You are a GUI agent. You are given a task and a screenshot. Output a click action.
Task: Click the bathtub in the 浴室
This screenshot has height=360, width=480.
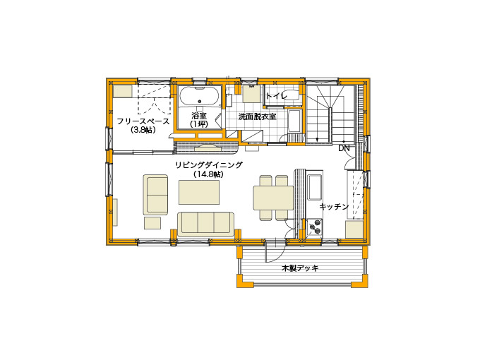[x=200, y=97]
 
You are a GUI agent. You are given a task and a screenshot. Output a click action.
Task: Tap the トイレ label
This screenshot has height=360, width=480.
[x=277, y=96]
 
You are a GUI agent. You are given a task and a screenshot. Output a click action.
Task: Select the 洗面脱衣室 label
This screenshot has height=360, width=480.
[x=258, y=116]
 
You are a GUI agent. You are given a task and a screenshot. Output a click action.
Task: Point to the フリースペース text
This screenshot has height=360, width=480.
[x=143, y=121]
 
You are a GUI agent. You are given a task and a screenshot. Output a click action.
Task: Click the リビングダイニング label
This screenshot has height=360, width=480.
[x=209, y=165]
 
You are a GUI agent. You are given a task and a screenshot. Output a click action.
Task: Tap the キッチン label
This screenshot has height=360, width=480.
[x=334, y=207]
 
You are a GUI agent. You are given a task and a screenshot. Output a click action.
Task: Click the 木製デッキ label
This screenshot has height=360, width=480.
[x=300, y=268]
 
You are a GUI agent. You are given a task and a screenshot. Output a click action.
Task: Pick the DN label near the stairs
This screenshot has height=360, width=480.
[x=344, y=148]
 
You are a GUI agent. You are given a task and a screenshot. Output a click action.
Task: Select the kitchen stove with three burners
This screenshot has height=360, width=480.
[x=315, y=228]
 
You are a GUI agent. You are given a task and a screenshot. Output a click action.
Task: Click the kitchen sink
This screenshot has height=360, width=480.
[x=315, y=187]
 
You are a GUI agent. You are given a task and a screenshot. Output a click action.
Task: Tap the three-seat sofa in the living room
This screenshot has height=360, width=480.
[x=205, y=224]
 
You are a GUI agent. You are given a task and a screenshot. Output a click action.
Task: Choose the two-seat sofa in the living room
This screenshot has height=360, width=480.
[x=155, y=195]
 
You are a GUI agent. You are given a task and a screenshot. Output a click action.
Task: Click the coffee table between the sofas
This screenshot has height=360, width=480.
[x=199, y=192]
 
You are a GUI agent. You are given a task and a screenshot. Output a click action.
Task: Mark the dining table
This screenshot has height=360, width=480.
[x=273, y=198]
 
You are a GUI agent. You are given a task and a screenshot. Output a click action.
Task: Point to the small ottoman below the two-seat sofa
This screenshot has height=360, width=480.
[x=152, y=223]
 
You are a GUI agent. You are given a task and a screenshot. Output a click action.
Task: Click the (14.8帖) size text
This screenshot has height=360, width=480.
[x=208, y=174]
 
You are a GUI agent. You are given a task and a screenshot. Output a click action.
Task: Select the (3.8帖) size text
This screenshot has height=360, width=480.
[x=143, y=130]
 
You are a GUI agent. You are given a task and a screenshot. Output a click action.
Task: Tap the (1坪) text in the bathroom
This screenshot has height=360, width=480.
[x=199, y=124]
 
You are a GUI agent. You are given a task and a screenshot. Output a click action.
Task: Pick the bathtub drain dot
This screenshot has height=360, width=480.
[x=200, y=101]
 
